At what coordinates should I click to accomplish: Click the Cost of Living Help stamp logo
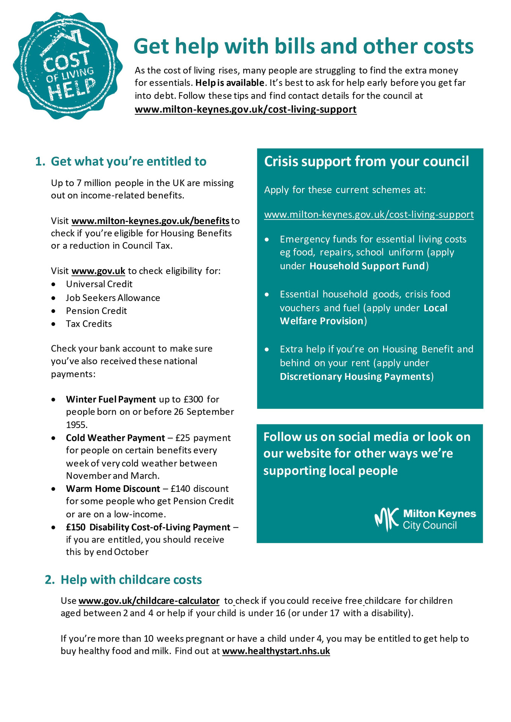pyautogui.click(x=68, y=66)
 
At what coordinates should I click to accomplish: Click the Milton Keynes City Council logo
pyautogui.click(x=425, y=519)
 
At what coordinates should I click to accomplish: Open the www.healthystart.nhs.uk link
pyautogui.click(x=276, y=651)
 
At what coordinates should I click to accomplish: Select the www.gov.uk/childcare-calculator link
pyautogui.click(x=149, y=601)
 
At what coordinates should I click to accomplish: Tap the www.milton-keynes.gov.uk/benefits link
pyautogui.click(x=150, y=221)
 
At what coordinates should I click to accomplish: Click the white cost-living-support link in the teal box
pyautogui.click(x=369, y=214)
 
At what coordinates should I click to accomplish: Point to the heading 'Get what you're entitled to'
pyautogui.click(x=128, y=161)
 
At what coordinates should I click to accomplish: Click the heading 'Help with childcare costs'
pyautogui.click(x=131, y=579)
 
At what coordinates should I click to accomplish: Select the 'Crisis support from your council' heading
pyautogui.click(x=366, y=161)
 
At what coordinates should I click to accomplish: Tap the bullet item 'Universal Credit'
pyautogui.click(x=99, y=284)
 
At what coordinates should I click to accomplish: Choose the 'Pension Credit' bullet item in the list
pyautogui.click(x=96, y=311)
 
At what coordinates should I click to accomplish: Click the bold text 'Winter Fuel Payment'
pyautogui.click(x=111, y=399)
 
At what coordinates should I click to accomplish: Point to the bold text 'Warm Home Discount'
pyautogui.click(x=113, y=488)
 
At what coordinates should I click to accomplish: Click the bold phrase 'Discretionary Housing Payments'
pyautogui.click(x=355, y=376)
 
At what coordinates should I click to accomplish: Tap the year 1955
pyautogui.click(x=76, y=425)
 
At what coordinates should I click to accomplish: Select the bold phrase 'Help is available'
pyautogui.click(x=230, y=83)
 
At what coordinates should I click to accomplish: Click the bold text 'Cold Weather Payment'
pyautogui.click(x=115, y=438)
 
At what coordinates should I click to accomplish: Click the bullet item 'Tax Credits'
pyautogui.click(x=89, y=324)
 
